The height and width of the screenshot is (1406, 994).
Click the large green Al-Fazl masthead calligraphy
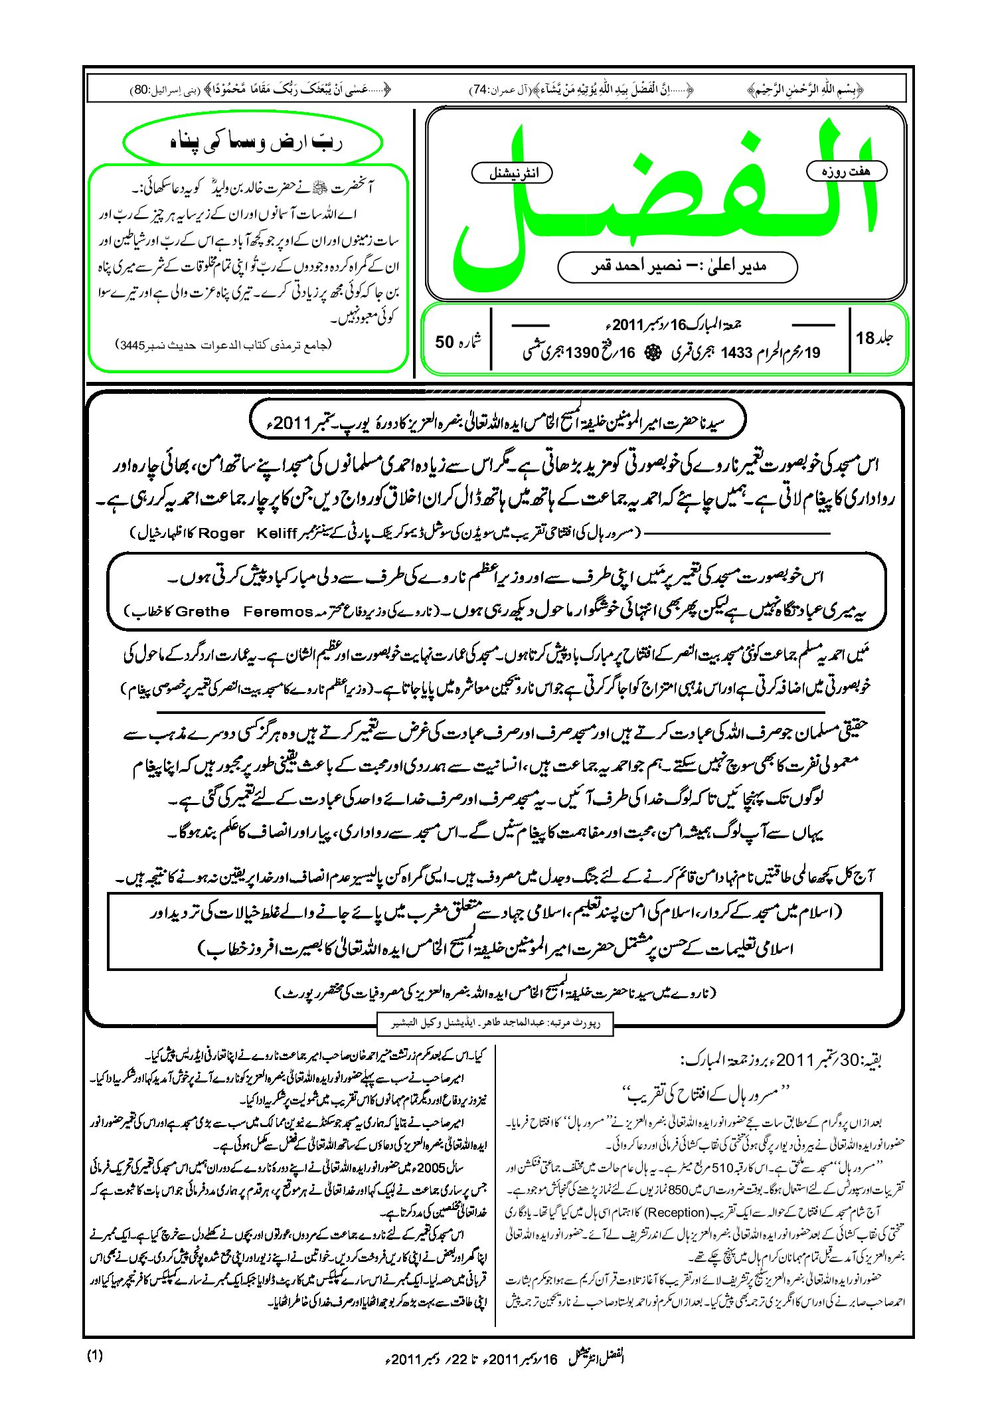[x=664, y=199]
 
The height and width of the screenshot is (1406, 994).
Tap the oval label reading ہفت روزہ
[x=846, y=171]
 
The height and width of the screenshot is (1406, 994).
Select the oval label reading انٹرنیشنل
[x=512, y=173]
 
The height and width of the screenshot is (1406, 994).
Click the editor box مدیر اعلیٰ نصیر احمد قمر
[x=677, y=266]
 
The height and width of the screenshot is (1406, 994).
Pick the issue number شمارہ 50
[x=457, y=341]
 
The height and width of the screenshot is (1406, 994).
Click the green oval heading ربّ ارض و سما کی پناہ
[x=253, y=143]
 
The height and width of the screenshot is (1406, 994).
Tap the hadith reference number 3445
[x=132, y=345]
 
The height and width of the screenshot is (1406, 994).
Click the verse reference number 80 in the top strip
[x=141, y=90]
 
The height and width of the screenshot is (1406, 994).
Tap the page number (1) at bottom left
[x=95, y=1356]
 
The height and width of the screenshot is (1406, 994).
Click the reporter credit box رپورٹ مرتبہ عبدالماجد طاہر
[x=495, y=1023]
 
